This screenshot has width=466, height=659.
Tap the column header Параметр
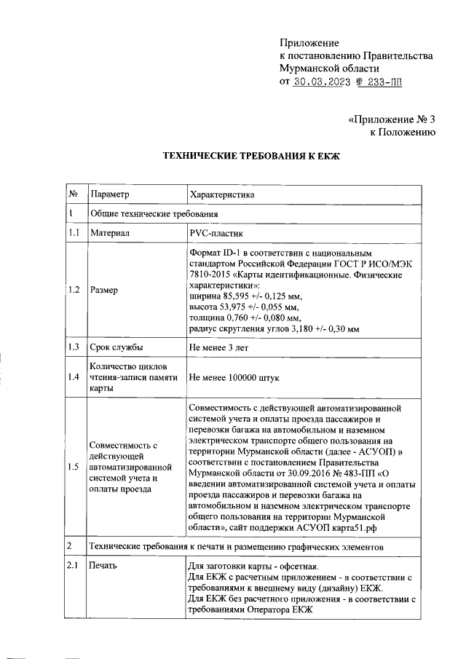[x=108, y=194]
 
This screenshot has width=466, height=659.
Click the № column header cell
[x=74, y=194]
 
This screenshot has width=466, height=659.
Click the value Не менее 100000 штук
[x=234, y=378]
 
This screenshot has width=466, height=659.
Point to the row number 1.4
[x=74, y=378]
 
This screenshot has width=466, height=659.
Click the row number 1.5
[x=74, y=467]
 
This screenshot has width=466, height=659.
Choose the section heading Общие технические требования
[x=154, y=213]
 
